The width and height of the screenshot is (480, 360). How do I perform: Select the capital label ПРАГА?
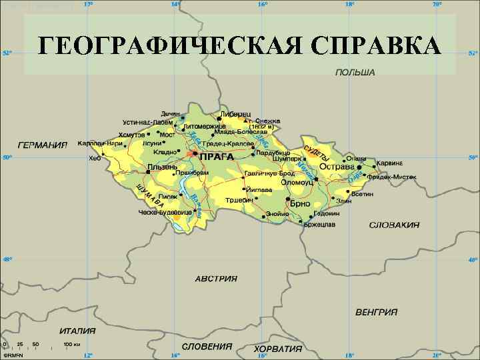coord(217,157)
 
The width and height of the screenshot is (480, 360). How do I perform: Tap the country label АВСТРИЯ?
coord(216,278)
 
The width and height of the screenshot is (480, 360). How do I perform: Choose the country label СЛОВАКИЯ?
coord(394,225)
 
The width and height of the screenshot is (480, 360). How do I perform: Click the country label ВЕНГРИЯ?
coord(377,311)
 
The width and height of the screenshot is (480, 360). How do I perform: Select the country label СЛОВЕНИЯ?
coord(207,347)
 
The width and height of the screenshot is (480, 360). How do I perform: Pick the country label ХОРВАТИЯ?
coord(277,349)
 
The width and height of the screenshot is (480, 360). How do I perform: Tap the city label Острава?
coord(337,167)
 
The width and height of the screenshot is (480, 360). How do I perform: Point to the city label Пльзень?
coord(162,167)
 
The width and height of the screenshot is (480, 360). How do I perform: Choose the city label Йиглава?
coord(259,189)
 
